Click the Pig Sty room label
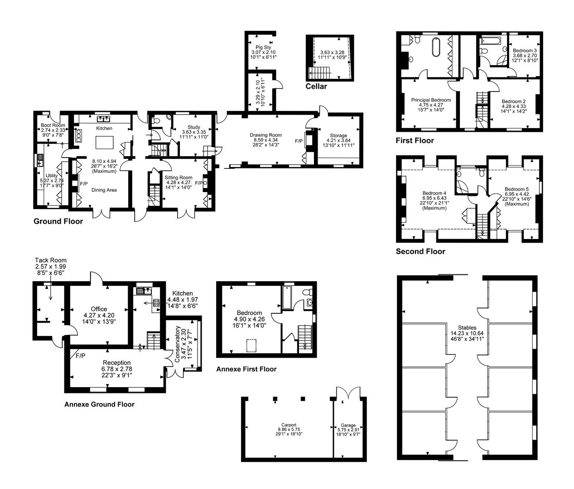pos(263,48)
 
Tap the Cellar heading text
pos(316,86)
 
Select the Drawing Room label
pos(266,135)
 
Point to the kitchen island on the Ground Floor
pos(104,142)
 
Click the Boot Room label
pos(53,125)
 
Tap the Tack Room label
pos(51,260)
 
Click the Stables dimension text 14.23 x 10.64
pos(467,333)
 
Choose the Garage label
pos(348,425)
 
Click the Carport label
pos(289,425)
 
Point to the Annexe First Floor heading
pos(246,369)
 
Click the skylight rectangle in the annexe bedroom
pos(251,345)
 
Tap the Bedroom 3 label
pos(525,51)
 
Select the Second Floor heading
pos(420,251)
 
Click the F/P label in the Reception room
pos(81,356)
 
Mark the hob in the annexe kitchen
pos(156,302)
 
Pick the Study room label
pos(194,127)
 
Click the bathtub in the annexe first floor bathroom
pos(287,297)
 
